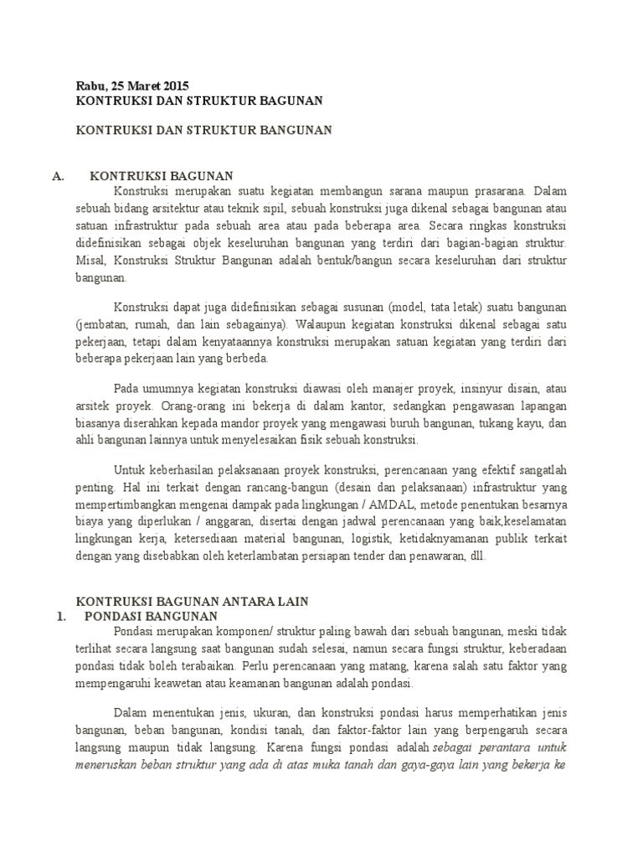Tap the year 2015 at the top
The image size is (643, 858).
tap(176, 85)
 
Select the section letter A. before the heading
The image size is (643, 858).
tap(58, 175)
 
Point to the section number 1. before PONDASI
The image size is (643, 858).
tap(60, 616)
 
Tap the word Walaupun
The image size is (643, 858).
tap(319, 323)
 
